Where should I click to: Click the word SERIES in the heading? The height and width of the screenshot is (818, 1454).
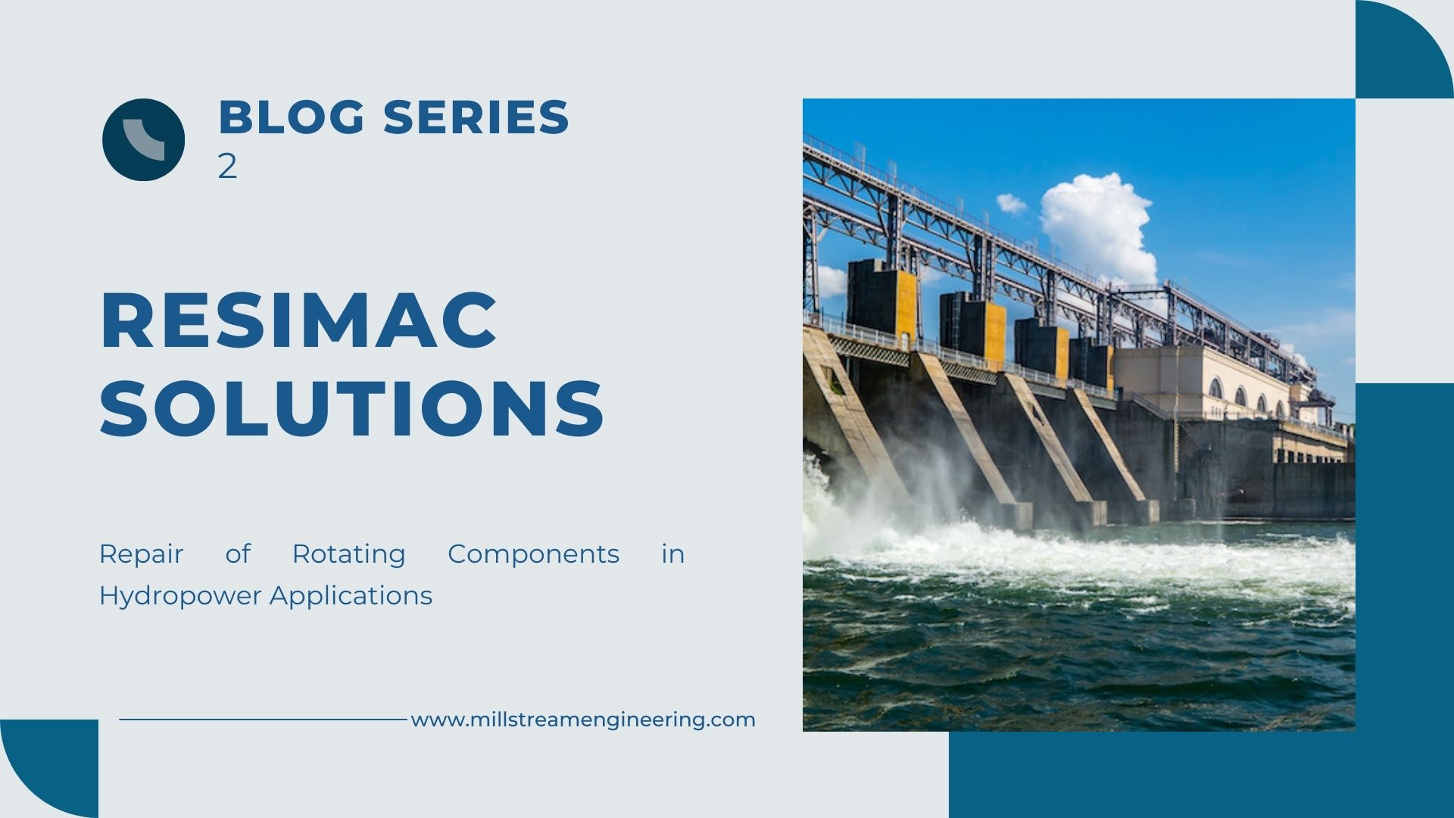click(476, 117)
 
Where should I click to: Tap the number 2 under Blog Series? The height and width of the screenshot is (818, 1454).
click(227, 166)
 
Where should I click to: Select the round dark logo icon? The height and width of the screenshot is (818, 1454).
click(143, 139)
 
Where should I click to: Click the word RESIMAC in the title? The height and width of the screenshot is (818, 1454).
click(298, 320)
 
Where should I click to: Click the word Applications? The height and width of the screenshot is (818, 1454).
click(351, 597)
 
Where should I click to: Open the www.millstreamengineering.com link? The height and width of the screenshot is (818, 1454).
click(583, 720)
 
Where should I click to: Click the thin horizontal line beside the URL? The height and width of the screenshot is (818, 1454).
click(263, 720)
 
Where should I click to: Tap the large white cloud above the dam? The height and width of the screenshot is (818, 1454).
click(1098, 227)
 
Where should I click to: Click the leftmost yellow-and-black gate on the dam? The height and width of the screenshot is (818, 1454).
click(882, 301)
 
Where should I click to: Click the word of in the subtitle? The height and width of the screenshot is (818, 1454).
click(238, 554)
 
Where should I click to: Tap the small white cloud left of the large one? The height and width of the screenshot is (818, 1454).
click(1011, 203)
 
